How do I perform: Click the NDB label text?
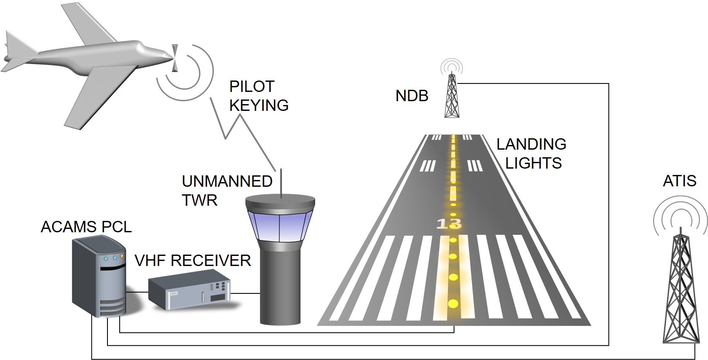pyautogui.click(x=412, y=96)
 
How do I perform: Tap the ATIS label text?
pyautogui.click(x=679, y=181)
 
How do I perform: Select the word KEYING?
pyautogui.click(x=259, y=105)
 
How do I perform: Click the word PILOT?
pyautogui.click(x=252, y=86)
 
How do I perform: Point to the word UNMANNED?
pyautogui.click(x=227, y=181)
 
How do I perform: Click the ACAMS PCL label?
pyautogui.click(x=86, y=227)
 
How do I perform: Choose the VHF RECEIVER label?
pyautogui.click(x=193, y=261)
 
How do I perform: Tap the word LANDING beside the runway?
pyautogui.click(x=531, y=144)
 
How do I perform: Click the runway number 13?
pyautogui.click(x=449, y=223)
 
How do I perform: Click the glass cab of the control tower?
pyautogui.click(x=280, y=226)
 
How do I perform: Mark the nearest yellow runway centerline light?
pyautogui.click(x=453, y=303)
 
